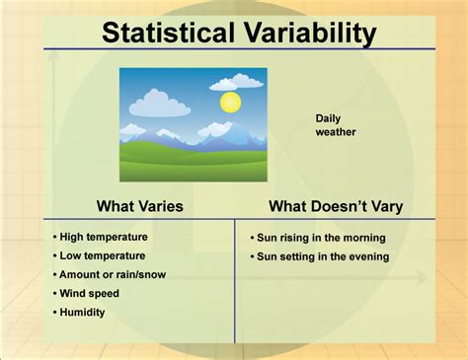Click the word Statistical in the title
(162, 34)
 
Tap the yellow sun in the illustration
(230, 101)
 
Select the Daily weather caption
(336, 124)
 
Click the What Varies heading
(139, 206)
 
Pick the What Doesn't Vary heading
(335, 206)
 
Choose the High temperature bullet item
(102, 237)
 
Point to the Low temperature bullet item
(101, 255)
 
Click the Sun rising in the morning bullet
(319, 238)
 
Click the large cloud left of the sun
(159, 103)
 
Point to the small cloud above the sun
(236, 82)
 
